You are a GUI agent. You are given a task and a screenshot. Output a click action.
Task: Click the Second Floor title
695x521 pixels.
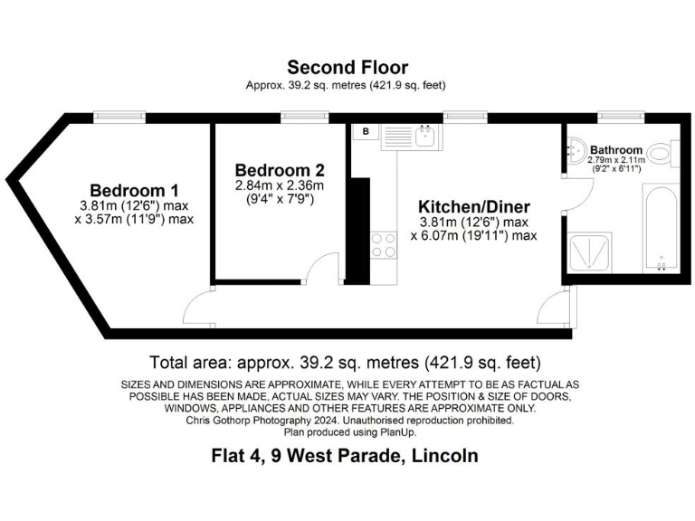click(x=347, y=67)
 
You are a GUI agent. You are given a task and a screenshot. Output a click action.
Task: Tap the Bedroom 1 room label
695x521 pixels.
click(x=134, y=191)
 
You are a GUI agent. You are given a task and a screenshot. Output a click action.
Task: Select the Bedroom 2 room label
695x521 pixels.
click(x=280, y=170)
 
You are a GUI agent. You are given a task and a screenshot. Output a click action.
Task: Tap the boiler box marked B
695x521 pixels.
click(x=366, y=132)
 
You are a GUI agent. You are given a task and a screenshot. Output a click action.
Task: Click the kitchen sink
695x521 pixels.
click(x=425, y=137)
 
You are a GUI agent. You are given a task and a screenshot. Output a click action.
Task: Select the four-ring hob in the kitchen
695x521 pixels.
click(x=383, y=244)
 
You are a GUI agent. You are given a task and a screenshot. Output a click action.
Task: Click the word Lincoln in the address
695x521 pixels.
click(x=444, y=455)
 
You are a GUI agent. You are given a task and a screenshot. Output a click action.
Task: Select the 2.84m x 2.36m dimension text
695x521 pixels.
click(x=280, y=185)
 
